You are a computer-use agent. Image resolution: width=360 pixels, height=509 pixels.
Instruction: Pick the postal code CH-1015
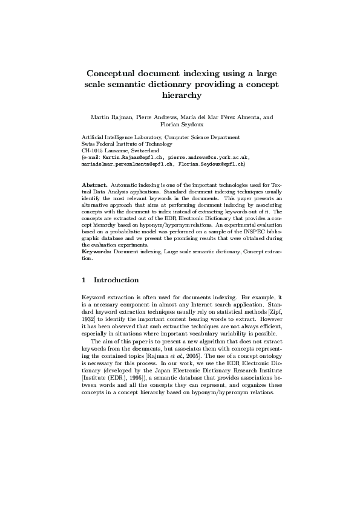92,150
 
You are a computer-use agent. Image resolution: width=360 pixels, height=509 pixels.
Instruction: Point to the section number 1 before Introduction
83,280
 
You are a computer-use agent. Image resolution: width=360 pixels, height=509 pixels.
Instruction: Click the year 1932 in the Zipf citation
89,318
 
